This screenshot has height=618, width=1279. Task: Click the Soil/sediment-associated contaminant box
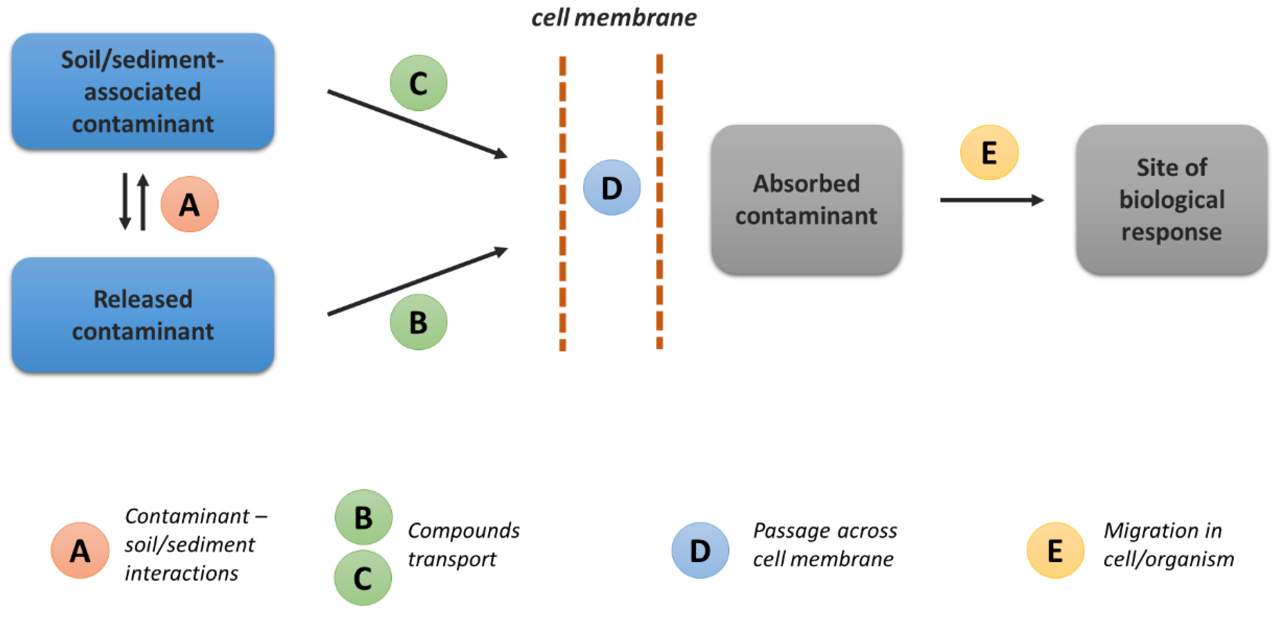(143, 91)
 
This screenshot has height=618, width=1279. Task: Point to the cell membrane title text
(614, 18)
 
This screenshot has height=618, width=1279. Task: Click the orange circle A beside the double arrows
(190, 204)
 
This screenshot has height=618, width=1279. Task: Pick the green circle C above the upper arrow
(418, 83)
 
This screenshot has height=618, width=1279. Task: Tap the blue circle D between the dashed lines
(611, 188)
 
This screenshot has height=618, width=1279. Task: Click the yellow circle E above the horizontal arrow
(989, 152)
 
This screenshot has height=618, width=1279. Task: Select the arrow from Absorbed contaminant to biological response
(991, 200)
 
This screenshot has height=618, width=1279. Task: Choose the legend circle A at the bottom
(80, 550)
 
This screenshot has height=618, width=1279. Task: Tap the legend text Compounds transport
(463, 544)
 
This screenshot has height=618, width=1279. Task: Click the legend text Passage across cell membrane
(824, 544)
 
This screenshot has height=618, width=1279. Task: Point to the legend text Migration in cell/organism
(1168, 544)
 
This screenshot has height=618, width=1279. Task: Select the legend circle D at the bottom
(700, 550)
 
